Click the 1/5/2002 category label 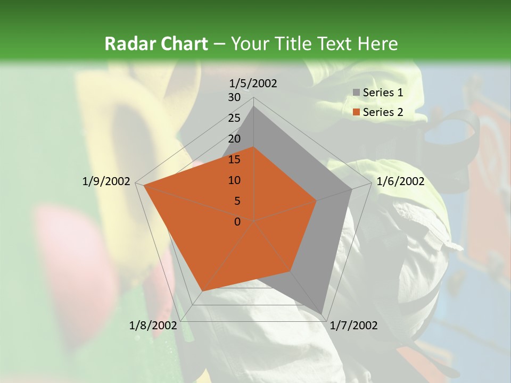(253, 83)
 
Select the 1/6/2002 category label (400, 181)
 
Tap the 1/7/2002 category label (354, 326)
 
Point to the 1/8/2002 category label (153, 326)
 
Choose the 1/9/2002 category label (106, 181)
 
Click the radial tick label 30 (234, 97)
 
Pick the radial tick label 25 (234, 118)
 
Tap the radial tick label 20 (234, 139)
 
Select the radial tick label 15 (234, 160)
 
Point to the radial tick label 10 (234, 180)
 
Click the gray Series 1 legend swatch (356, 93)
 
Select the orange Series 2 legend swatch (356, 112)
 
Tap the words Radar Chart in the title (155, 44)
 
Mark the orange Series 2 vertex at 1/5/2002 (254, 147)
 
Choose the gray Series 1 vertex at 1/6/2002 (352, 189)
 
